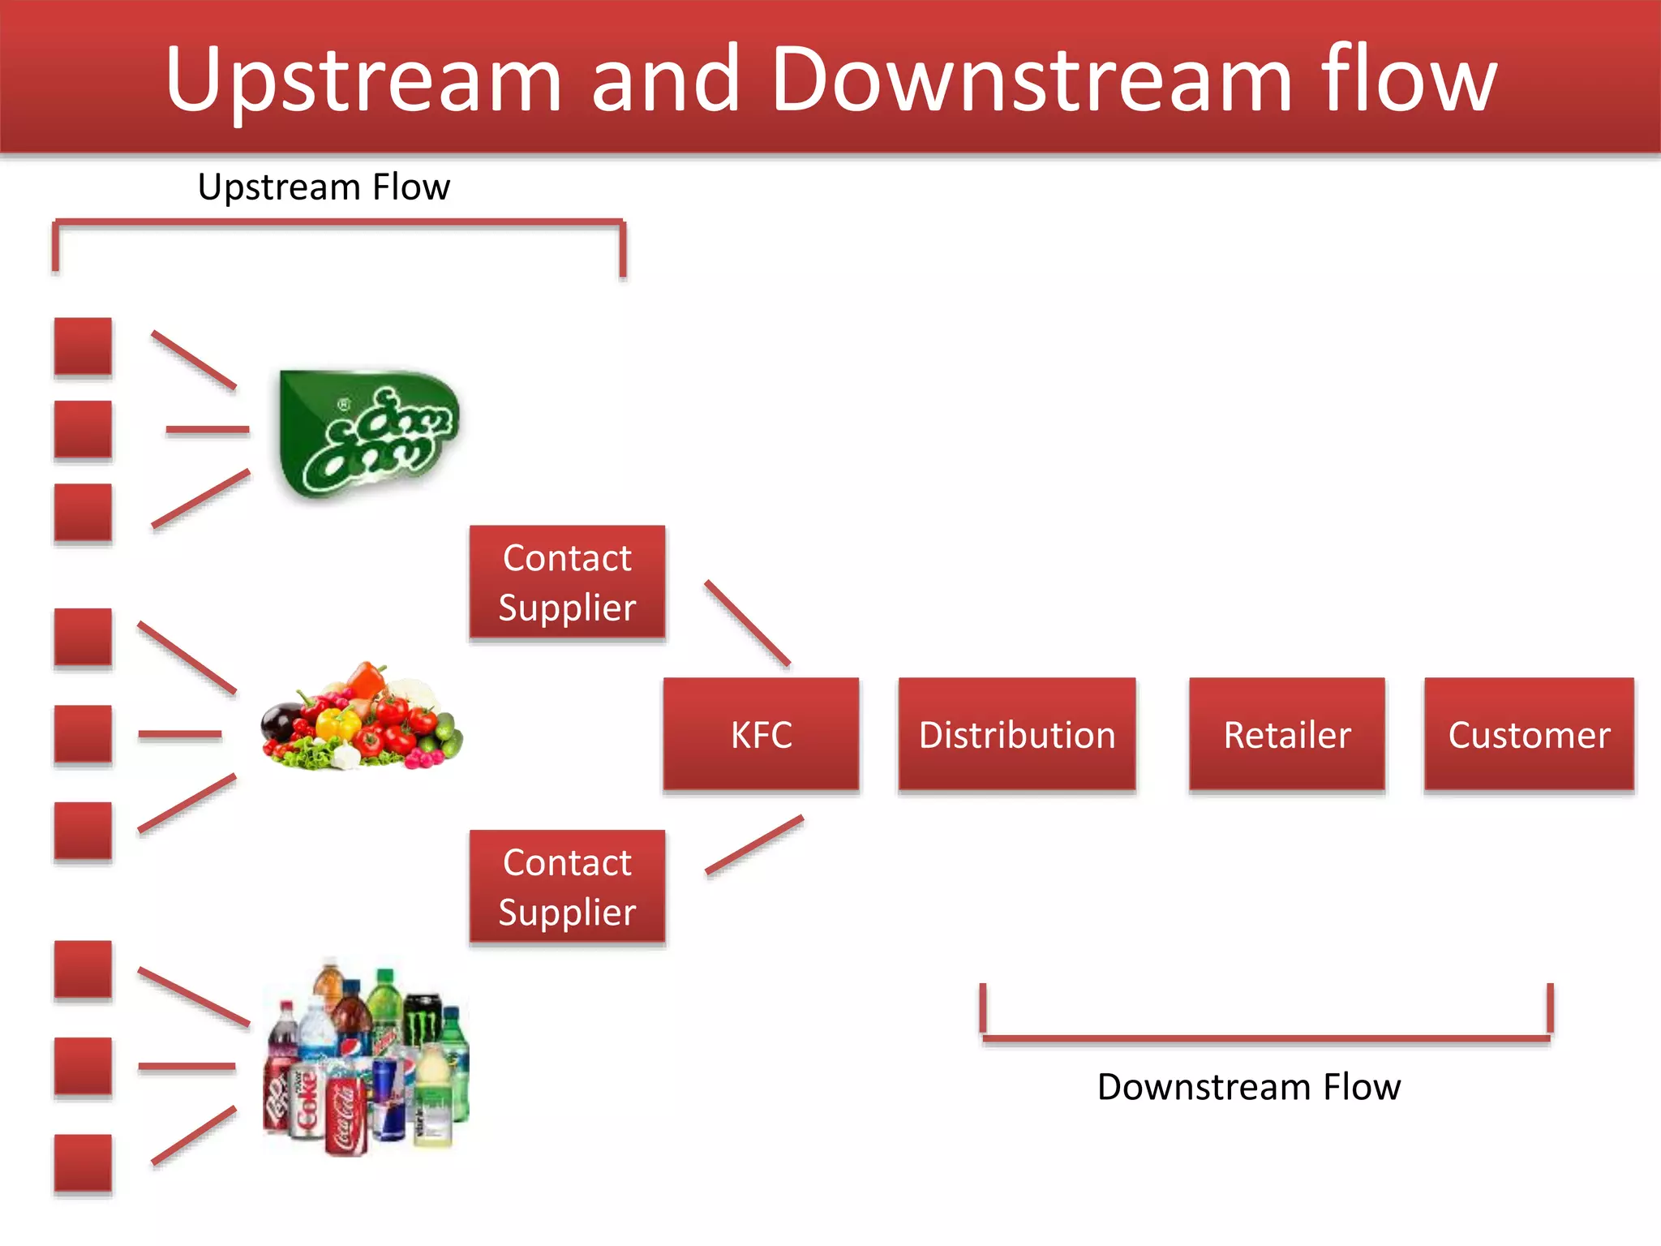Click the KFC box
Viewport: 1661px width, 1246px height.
pos(761,734)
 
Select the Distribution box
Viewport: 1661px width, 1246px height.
pos(1016,734)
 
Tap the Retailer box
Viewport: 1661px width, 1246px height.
pos(1286,734)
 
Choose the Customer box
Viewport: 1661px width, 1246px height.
pos(1529,734)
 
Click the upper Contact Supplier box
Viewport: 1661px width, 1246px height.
pos(567,582)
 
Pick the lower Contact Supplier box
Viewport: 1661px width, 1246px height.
pos(567,887)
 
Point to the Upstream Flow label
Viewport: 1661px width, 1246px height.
pos(324,187)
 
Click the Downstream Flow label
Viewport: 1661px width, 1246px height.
pos(1248,1087)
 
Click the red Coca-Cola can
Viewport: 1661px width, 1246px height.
pos(346,1115)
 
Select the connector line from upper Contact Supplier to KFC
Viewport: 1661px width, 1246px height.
pos(747,623)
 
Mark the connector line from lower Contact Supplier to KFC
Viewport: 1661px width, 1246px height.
pos(754,844)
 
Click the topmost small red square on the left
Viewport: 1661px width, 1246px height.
pos(83,346)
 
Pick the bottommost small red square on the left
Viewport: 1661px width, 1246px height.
pos(83,1162)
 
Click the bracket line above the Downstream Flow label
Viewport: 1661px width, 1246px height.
pos(1265,1038)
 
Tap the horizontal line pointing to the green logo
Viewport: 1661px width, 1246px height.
pos(208,429)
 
